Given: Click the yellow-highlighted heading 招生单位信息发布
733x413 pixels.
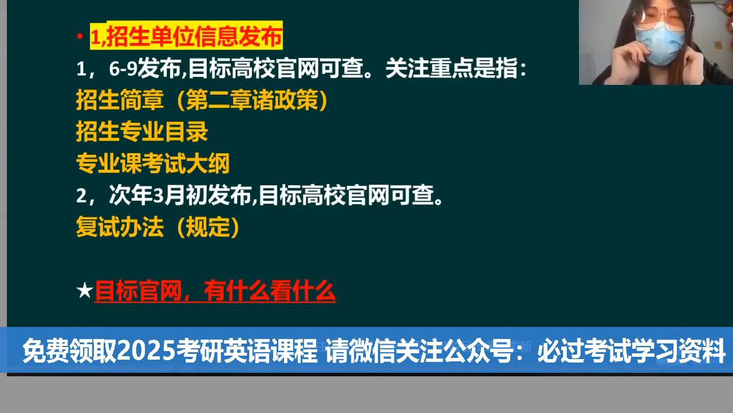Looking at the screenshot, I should [x=186, y=37].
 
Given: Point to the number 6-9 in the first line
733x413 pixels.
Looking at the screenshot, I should [x=123, y=69].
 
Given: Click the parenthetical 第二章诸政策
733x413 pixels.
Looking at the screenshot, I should [x=252, y=101].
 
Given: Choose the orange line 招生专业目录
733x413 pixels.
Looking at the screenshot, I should [x=142, y=133].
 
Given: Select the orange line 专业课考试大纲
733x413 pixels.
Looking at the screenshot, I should [x=153, y=164].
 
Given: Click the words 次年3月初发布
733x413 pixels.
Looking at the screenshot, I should [x=180, y=196].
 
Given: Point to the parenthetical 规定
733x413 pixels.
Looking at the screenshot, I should [x=207, y=228].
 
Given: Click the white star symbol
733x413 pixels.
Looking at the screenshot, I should [x=84, y=291].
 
